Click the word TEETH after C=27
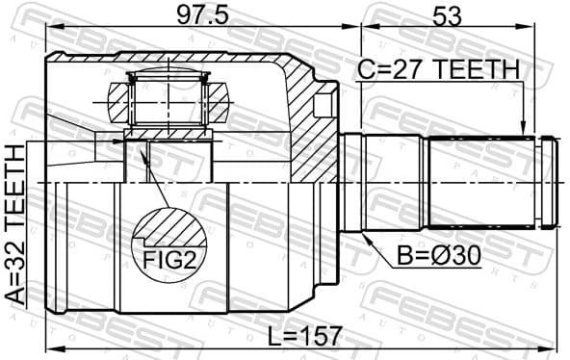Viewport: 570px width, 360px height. pyautogui.click(x=478, y=70)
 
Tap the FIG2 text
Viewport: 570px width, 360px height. pyautogui.click(x=169, y=259)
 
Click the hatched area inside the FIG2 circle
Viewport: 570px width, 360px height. pyautogui.click(x=169, y=229)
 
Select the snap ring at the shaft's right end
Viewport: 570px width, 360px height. pyautogui.click(x=548, y=182)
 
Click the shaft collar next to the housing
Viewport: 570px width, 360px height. pyautogui.click(x=352, y=182)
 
